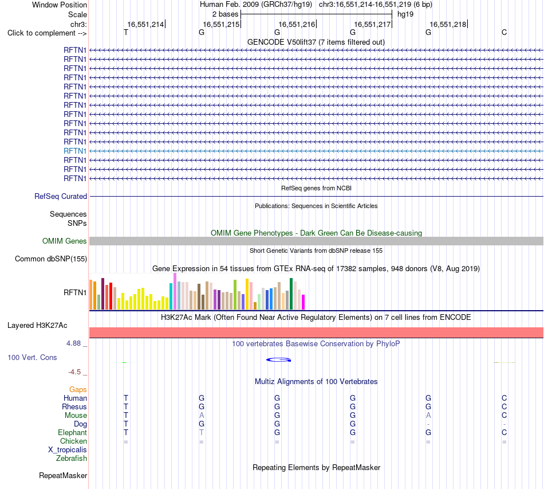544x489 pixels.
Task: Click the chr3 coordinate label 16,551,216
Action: (x=297, y=24)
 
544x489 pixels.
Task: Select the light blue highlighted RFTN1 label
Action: (x=75, y=151)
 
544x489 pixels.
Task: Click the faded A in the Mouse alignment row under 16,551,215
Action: (x=202, y=416)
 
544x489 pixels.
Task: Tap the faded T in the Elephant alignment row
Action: (x=202, y=432)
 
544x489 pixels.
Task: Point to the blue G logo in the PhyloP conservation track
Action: (x=279, y=360)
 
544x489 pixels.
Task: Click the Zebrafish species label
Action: (x=72, y=459)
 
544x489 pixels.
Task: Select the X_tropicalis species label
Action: (x=68, y=450)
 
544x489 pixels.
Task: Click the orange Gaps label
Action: (x=78, y=390)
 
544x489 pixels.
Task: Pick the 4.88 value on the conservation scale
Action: (x=73, y=343)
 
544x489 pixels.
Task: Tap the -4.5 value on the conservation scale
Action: (x=74, y=372)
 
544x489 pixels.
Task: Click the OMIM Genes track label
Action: (x=65, y=241)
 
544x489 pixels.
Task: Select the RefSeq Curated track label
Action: (x=61, y=196)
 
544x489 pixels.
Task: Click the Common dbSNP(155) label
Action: (x=51, y=259)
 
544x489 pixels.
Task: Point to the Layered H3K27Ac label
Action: (x=37, y=326)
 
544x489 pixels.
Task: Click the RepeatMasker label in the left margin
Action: (x=63, y=475)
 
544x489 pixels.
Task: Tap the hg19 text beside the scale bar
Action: (x=405, y=14)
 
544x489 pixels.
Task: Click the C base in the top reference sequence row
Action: (x=504, y=33)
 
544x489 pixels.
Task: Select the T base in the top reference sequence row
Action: (x=126, y=33)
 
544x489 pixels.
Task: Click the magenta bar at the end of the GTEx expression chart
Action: (x=303, y=302)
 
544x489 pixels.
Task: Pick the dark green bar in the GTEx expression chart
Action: (x=291, y=294)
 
